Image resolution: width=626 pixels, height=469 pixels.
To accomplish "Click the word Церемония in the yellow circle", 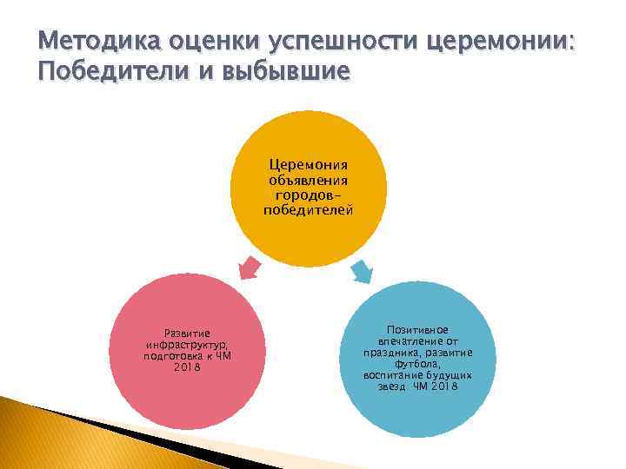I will coord(308,166).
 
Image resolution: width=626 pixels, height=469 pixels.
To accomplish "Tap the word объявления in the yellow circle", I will coord(308,181).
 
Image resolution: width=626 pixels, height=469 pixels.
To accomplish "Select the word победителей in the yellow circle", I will coord(308,210).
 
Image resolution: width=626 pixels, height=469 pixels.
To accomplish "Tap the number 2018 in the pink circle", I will coord(187,367).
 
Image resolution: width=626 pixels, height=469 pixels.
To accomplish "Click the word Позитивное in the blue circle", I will coord(418,330).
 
